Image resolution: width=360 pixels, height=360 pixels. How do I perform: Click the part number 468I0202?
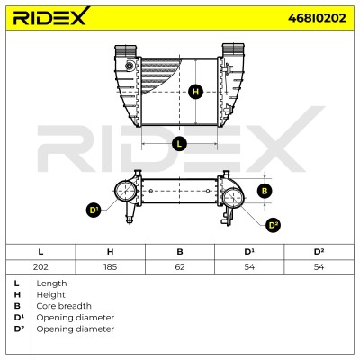[317, 18]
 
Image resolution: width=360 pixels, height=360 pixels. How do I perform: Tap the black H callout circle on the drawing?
[195, 92]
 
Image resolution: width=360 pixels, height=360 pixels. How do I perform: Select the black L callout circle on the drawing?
[179, 144]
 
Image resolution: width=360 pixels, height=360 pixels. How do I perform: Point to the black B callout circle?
[265, 191]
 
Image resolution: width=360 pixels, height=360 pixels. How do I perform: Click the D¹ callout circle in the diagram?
[94, 211]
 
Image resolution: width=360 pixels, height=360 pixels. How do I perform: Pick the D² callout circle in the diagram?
[274, 225]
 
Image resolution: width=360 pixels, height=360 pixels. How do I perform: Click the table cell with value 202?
[40, 266]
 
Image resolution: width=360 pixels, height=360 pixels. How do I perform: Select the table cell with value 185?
[110, 266]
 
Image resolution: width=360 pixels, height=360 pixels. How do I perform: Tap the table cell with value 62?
[180, 266]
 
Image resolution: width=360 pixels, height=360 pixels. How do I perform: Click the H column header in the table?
[110, 252]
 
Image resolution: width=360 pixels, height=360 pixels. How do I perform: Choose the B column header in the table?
[180, 252]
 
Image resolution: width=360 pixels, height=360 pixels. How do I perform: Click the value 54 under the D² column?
[319, 266]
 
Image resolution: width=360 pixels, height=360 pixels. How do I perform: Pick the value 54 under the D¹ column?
[249, 266]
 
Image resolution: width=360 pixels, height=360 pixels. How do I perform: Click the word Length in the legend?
[51, 283]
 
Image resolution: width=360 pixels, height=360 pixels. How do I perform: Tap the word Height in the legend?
[50, 295]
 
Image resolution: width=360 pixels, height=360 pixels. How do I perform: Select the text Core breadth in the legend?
[64, 306]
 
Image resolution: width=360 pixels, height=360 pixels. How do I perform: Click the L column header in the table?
[40, 252]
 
